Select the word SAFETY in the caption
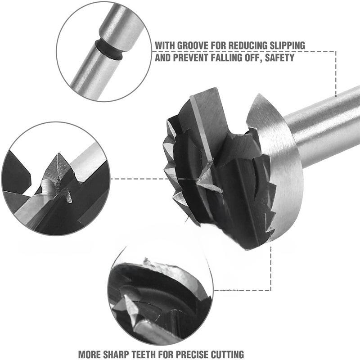click(279, 58)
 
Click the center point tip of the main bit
click(197, 181)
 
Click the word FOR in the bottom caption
click(166, 355)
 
